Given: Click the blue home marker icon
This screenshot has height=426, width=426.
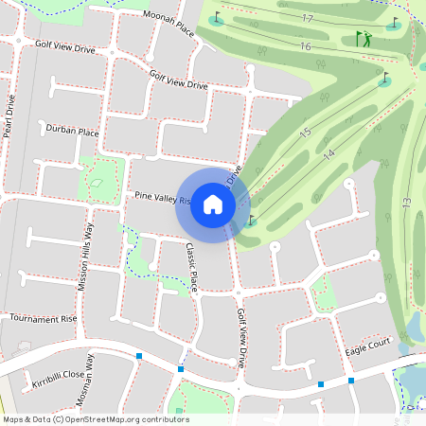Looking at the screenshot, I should [213, 204].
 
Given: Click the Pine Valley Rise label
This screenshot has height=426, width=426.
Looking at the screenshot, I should [163, 198].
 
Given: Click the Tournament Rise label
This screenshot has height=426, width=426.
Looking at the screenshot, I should [42, 319].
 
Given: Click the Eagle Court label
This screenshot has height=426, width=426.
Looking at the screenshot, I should [367, 347].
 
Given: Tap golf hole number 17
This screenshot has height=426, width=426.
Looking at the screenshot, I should [306, 19].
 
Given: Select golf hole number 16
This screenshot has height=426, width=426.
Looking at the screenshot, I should [304, 46].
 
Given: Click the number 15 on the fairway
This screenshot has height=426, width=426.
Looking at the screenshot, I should [305, 133].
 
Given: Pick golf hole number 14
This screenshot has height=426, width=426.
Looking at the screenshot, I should [328, 153].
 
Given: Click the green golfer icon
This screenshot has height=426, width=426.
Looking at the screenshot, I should [364, 39].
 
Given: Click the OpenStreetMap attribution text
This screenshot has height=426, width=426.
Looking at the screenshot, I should [95, 419].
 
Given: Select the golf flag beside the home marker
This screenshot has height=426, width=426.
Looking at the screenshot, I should [251, 221].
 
